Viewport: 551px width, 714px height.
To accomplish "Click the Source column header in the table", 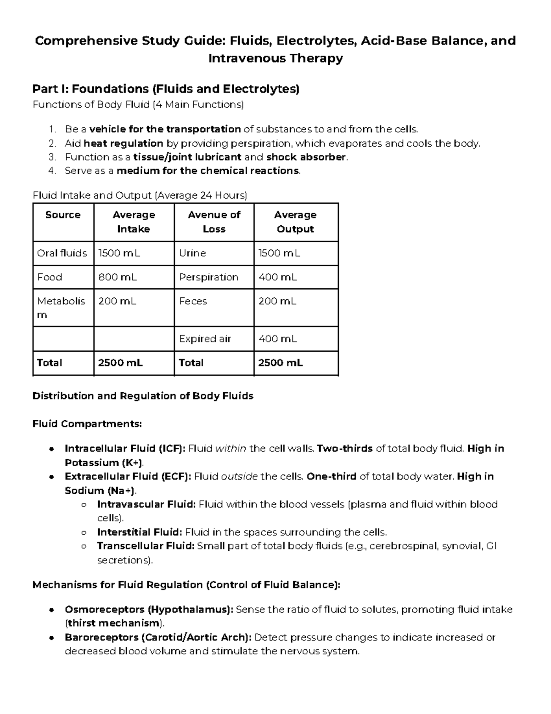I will (x=63, y=215).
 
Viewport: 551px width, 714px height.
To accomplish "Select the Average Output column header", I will (x=295, y=222).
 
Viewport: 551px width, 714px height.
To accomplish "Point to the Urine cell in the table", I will (x=192, y=253).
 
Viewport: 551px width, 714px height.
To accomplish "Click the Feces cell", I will (x=193, y=301).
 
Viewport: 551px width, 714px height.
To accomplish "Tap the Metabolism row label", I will (x=61, y=308).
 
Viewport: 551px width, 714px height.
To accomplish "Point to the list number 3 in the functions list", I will (x=52, y=157).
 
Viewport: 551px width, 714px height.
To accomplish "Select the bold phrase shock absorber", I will (x=306, y=157).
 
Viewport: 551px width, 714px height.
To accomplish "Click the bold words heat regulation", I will (x=124, y=143).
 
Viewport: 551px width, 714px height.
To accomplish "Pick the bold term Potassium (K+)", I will (x=104, y=463).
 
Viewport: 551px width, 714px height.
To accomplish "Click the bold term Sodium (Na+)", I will (x=100, y=491).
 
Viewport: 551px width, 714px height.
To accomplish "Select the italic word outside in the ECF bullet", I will (x=239, y=476).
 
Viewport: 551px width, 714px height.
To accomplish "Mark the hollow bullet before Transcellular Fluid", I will (x=84, y=547).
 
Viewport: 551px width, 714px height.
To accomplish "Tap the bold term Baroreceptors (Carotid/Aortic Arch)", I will (x=158, y=638).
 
